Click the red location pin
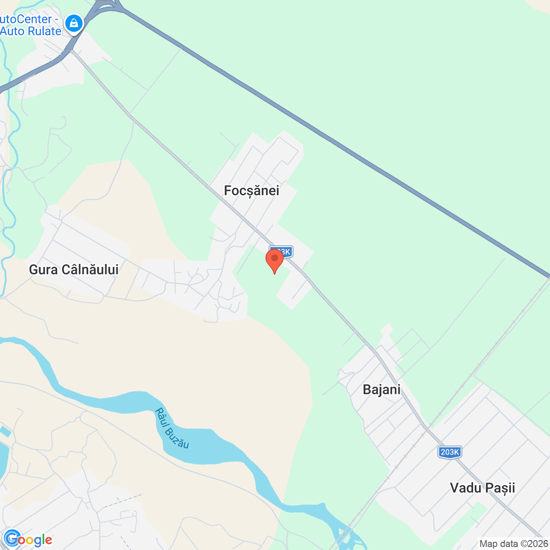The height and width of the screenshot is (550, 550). pos(274,259)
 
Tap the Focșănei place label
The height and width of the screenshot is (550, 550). pos(251,190)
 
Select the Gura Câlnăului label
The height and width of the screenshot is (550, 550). pos(73,269)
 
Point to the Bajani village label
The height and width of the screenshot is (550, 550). pos(382,389)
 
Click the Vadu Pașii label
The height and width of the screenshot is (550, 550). pos(482,488)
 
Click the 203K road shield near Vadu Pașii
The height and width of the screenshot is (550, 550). pos(450,452)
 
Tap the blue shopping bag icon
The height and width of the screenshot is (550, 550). pos(74,23)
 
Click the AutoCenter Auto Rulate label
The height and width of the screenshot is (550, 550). pos(30,25)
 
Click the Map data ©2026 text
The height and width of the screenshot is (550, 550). pos(513,544)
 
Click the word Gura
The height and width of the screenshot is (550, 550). pos(43,269)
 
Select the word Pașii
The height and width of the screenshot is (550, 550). pos(500,488)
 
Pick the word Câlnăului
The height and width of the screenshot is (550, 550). pos(90,269)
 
